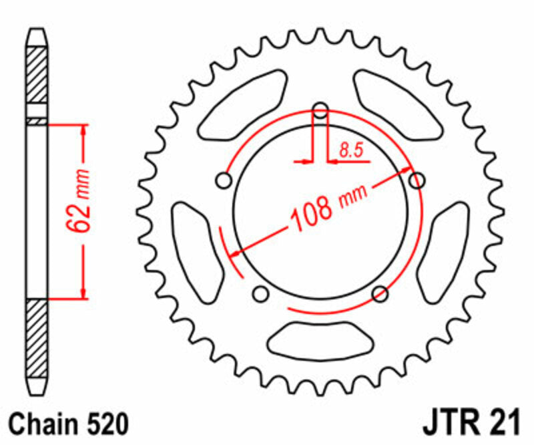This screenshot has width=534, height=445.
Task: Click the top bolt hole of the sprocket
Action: [320, 110]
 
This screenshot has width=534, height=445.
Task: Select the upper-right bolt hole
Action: [417, 180]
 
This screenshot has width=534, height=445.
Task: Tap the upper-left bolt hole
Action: [224, 180]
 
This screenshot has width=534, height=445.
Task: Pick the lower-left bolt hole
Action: [261, 293]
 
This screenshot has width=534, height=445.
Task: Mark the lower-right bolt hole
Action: [380, 293]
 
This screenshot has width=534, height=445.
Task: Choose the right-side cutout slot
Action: [451, 242]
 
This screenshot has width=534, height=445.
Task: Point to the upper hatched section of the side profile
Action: [37, 73]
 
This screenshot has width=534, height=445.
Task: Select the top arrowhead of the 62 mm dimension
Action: [83, 131]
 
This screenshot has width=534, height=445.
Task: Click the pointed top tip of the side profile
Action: [37, 31]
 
